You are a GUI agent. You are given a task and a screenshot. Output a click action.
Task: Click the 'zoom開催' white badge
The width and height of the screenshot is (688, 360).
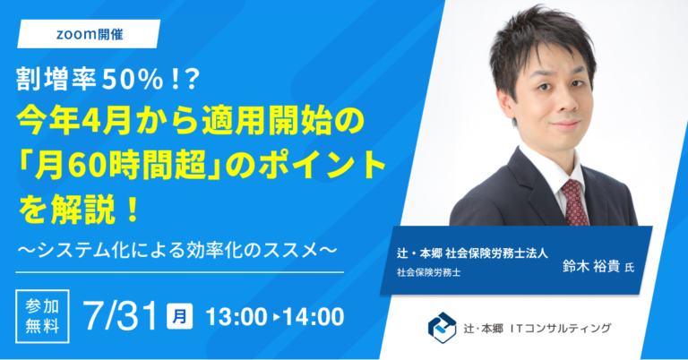point(88,33)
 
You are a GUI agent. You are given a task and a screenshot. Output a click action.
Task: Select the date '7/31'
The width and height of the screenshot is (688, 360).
point(118,316)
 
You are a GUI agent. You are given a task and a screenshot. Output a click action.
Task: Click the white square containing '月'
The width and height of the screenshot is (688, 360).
point(179,315)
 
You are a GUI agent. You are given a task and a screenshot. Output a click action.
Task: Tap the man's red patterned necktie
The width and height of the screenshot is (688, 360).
point(574,201)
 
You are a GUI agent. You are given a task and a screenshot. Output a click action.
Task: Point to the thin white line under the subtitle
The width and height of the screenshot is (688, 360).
point(179,270)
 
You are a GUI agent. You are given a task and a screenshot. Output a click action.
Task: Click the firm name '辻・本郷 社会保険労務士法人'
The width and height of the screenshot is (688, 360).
point(477,254)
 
